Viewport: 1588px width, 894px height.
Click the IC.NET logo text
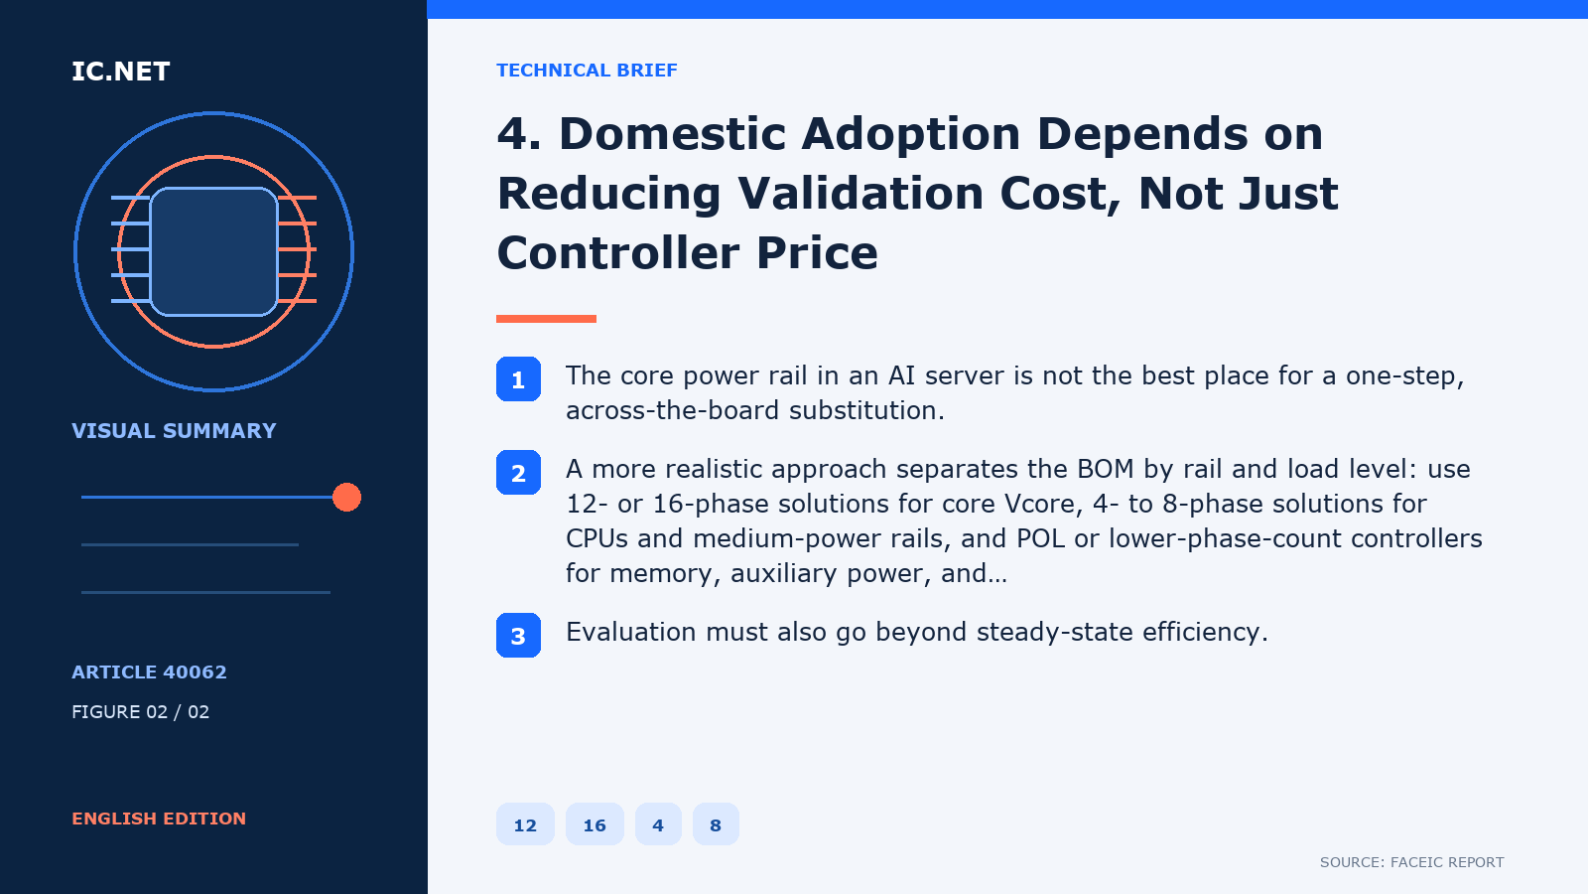click(120, 71)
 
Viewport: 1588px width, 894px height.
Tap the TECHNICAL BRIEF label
click(587, 71)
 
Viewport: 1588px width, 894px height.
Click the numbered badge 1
click(518, 378)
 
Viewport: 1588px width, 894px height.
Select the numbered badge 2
click(518, 473)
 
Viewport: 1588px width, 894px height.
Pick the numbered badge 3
click(518, 635)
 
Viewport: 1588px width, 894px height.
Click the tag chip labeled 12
click(525, 824)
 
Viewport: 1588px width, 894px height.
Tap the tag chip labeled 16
click(595, 824)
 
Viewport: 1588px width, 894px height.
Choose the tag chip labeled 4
click(658, 824)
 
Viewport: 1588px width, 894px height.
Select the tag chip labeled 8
click(716, 824)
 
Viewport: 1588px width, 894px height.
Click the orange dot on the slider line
click(346, 498)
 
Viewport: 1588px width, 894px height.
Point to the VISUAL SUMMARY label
click(174, 431)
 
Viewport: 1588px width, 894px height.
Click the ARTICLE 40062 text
click(149, 671)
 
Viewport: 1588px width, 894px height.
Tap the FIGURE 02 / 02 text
click(140, 711)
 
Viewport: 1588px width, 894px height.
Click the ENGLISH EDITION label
click(159, 819)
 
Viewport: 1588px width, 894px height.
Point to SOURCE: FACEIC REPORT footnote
click(1411, 862)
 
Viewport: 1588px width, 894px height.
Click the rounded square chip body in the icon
click(213, 252)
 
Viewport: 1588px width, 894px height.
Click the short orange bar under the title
click(546, 319)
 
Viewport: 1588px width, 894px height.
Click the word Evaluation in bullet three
click(631, 632)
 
